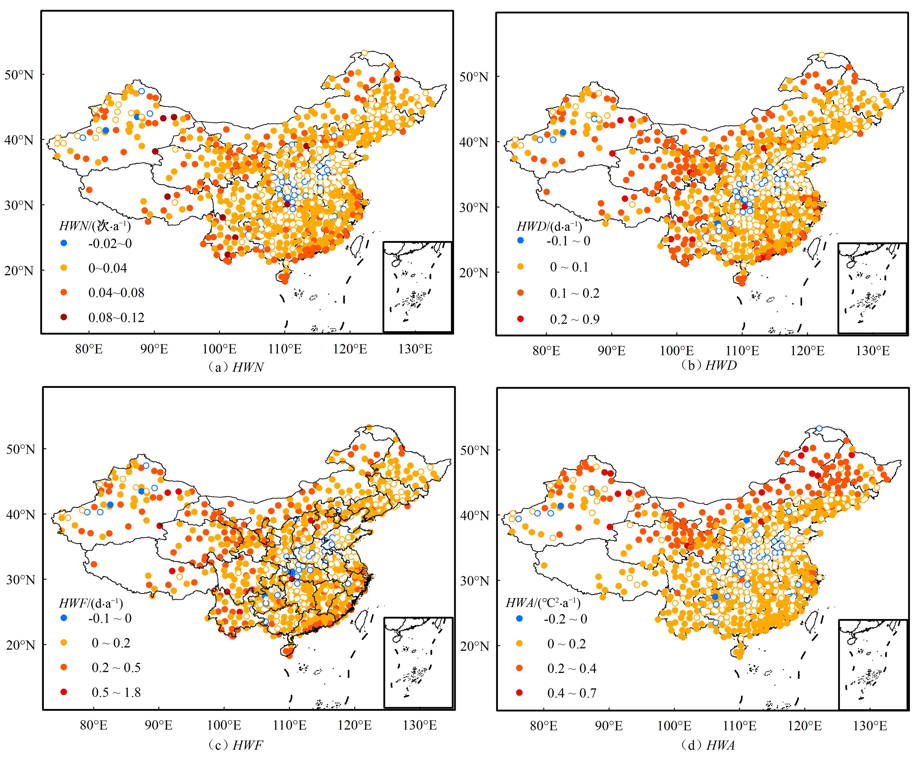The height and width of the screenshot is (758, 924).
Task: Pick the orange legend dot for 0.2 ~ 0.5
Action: point(64,667)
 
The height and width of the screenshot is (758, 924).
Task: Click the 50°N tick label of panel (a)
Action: point(19,75)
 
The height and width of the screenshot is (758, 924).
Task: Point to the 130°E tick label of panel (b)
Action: point(872,351)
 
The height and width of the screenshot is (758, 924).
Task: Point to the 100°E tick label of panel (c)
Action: point(224,725)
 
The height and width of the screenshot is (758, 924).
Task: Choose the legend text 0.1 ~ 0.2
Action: point(574,293)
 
